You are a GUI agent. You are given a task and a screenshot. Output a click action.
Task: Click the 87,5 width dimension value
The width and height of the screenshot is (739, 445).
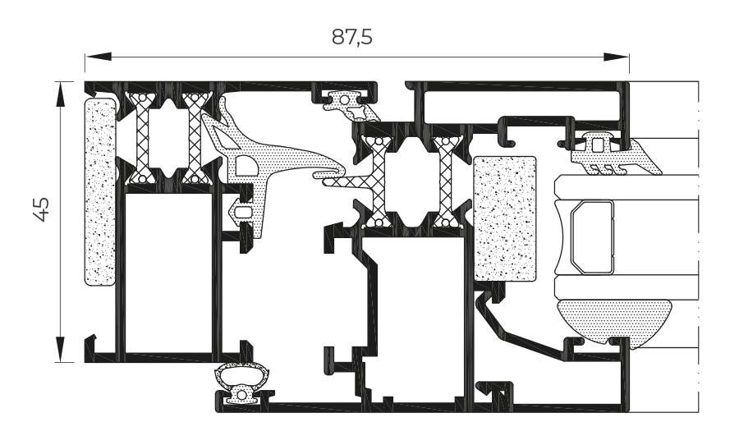(351, 37)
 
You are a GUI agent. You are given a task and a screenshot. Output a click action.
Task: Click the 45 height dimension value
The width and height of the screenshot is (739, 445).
(42, 209)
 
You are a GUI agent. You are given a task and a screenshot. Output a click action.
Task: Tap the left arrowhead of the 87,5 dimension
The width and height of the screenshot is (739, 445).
(98, 57)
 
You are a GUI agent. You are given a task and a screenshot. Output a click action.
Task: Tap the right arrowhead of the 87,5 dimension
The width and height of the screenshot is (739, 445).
(617, 57)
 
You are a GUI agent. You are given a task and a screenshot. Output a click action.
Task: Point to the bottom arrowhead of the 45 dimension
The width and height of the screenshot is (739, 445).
(60, 349)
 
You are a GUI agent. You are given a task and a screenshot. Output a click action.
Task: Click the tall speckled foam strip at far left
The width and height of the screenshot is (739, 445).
(100, 192)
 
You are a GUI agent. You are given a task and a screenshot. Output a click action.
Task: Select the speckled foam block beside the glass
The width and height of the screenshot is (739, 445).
(504, 218)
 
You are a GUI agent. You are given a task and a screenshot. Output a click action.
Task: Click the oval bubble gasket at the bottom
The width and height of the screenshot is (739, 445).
(242, 383)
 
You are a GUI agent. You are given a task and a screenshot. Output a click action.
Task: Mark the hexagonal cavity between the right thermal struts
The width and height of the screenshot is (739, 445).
(413, 181)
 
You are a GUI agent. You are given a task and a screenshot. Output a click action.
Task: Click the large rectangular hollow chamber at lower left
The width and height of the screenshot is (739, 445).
(168, 273)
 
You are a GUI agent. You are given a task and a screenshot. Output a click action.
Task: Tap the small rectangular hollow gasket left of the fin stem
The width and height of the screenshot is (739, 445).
(243, 212)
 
